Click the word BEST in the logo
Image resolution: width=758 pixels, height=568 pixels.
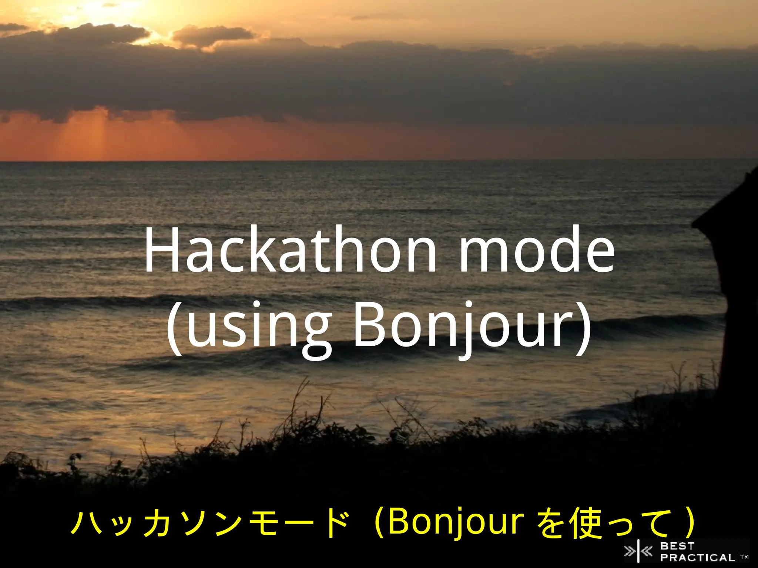(x=677, y=546)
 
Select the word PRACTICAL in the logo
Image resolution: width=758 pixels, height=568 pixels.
(x=698, y=557)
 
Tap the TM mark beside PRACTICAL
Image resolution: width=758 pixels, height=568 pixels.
(x=744, y=557)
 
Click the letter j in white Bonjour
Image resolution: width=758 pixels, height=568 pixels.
(x=463, y=329)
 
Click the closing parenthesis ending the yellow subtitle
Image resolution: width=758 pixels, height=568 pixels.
(x=688, y=523)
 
